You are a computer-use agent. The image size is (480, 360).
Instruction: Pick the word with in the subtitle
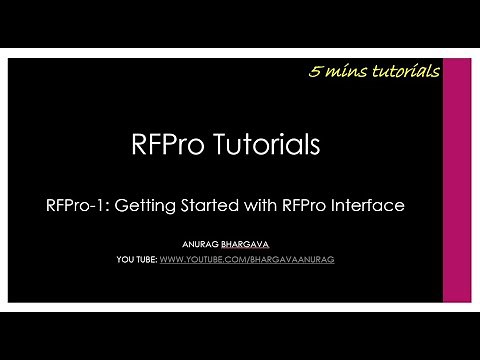coord(263,205)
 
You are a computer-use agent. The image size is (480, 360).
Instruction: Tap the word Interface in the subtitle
coord(373,205)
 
